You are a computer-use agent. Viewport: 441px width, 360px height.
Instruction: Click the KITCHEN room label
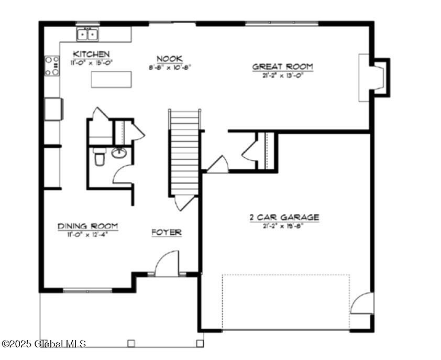91,54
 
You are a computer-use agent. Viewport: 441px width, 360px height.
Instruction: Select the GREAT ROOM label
283,67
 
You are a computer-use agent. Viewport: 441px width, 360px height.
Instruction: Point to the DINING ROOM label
88,226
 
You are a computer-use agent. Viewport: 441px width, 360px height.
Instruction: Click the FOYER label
167,232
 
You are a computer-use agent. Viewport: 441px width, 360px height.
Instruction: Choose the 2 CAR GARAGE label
284,217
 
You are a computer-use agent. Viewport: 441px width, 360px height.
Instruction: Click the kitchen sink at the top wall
88,34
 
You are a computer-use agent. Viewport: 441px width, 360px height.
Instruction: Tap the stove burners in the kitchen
52,66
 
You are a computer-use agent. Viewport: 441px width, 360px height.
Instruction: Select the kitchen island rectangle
111,79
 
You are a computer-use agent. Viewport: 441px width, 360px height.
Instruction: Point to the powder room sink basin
119,153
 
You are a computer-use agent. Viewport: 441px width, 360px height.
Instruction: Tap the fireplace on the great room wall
373,78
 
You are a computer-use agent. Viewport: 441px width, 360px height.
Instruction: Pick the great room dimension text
283,75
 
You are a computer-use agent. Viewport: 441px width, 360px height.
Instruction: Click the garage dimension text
284,226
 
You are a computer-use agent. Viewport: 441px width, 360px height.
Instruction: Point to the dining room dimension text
88,234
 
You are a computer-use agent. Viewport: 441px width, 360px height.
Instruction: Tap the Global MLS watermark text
44,344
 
